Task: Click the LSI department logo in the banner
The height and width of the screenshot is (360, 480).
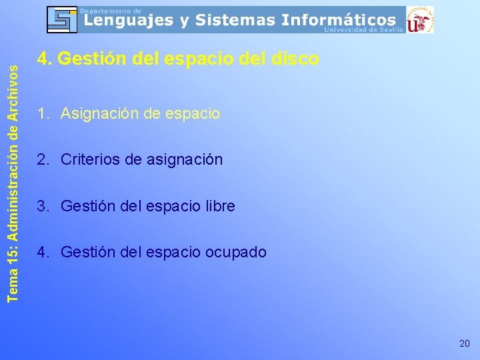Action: (x=62, y=19)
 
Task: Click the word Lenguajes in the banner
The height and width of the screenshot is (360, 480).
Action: (x=127, y=21)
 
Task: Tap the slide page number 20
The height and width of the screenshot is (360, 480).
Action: (x=464, y=343)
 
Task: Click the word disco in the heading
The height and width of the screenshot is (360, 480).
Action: (x=295, y=59)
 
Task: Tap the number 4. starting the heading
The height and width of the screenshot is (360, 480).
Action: (x=44, y=59)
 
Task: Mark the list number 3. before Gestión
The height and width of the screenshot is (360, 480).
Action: (x=43, y=207)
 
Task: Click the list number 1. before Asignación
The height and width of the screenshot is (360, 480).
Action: (x=43, y=114)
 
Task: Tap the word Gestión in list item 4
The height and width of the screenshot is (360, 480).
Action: (x=86, y=253)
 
